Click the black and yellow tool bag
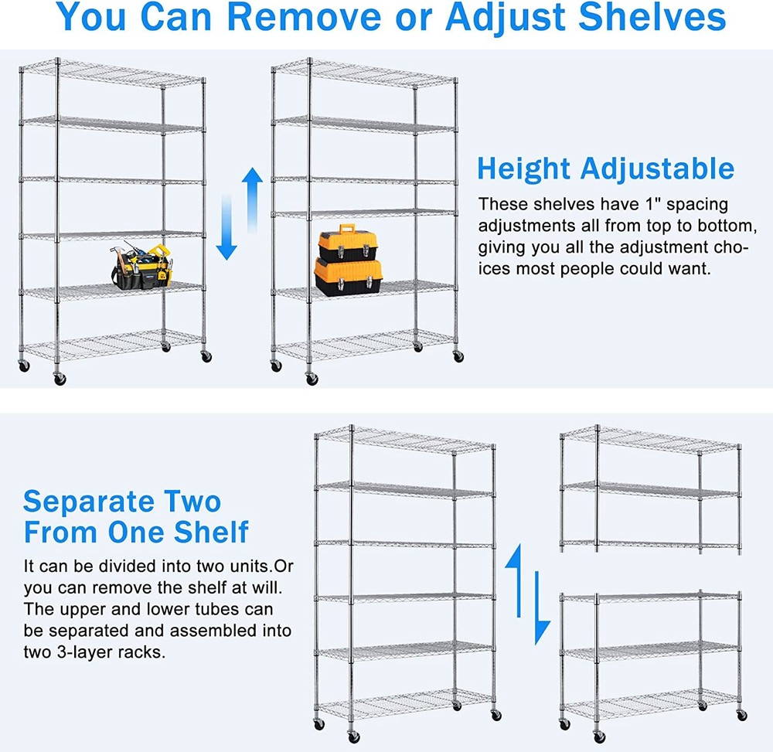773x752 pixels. [138, 267]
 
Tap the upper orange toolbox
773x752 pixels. [347, 241]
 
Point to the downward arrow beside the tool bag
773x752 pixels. [226, 227]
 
